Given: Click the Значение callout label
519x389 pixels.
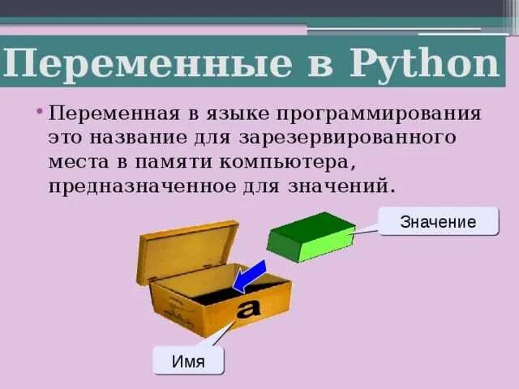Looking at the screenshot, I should [438, 220].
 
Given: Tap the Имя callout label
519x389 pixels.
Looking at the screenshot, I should [188, 361].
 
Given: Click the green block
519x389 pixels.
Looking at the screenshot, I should [311, 237].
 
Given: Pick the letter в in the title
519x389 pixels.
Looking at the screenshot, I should [317, 63].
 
